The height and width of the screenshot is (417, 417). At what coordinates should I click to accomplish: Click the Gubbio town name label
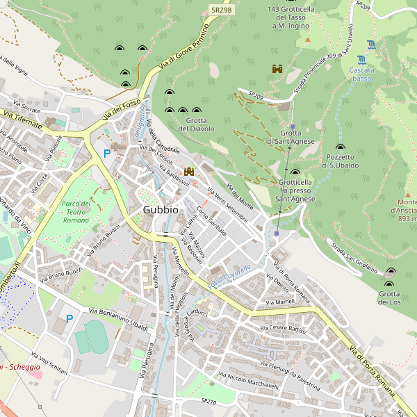coord(161,209)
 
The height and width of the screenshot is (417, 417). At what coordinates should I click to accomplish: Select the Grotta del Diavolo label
coord(196,124)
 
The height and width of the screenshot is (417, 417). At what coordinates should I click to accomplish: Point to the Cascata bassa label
coord(361,74)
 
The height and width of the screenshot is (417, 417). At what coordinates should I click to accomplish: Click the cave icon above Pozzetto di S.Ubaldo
coord(340,147)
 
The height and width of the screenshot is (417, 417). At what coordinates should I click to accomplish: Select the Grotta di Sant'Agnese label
coord(291,137)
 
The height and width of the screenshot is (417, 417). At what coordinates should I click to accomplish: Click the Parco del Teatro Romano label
coord(76,211)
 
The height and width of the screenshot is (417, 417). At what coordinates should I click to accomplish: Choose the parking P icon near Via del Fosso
coord(106,154)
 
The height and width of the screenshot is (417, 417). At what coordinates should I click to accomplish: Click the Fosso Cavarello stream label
coord(229,277)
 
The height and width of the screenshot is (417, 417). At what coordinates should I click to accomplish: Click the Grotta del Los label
coord(389,297)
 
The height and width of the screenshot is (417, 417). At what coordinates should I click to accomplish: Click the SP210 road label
coord(208,402)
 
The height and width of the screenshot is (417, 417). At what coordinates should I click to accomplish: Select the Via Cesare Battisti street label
coord(283,328)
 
